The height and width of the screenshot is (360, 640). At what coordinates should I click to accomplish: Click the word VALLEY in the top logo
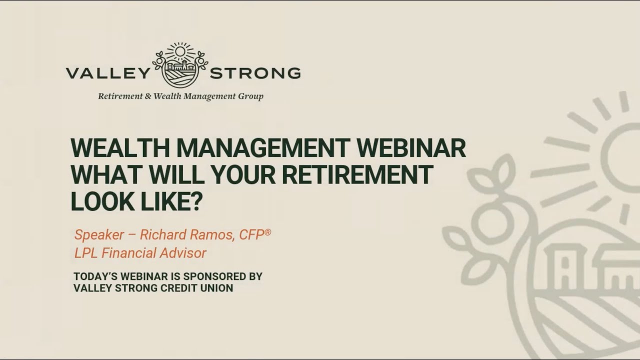[107, 73]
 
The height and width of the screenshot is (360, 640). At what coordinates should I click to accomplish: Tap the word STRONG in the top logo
[255, 73]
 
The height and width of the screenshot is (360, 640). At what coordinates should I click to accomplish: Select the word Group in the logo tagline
[251, 96]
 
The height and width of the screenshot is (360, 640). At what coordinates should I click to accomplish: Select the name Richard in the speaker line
[160, 234]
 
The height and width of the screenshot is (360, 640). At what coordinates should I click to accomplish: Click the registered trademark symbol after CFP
[268, 231]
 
